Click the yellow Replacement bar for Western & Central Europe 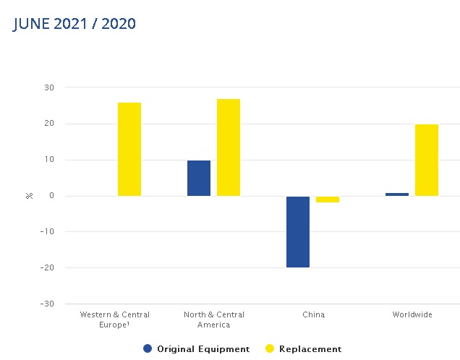coord(129,149)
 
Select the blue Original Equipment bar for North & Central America coord(199,178)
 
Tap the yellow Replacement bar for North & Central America coord(229,147)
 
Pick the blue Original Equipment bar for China coord(298,231)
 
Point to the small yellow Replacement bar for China coord(328,199)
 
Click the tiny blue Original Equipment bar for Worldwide coord(397,194)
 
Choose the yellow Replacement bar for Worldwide coord(427,160)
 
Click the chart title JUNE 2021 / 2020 coord(74,24)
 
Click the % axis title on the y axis coord(30,196)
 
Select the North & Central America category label coord(214,320)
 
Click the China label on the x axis coord(313,315)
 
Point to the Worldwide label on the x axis coord(412,315)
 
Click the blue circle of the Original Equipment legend coord(148,349)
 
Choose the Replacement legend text coord(311,349)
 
